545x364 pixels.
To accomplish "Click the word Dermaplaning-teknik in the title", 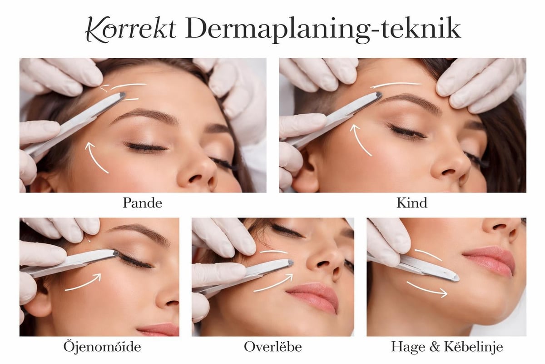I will pos(323,29).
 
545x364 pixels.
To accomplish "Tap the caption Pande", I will pos(142,203).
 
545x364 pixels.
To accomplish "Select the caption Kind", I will pos(412,203).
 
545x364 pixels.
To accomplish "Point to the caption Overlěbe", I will pos(273,347).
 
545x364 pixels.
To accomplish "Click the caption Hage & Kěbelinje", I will pos(447,347).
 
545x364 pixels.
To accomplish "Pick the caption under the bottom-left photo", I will pos(102,347).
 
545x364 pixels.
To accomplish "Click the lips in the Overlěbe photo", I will pos(313,296).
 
